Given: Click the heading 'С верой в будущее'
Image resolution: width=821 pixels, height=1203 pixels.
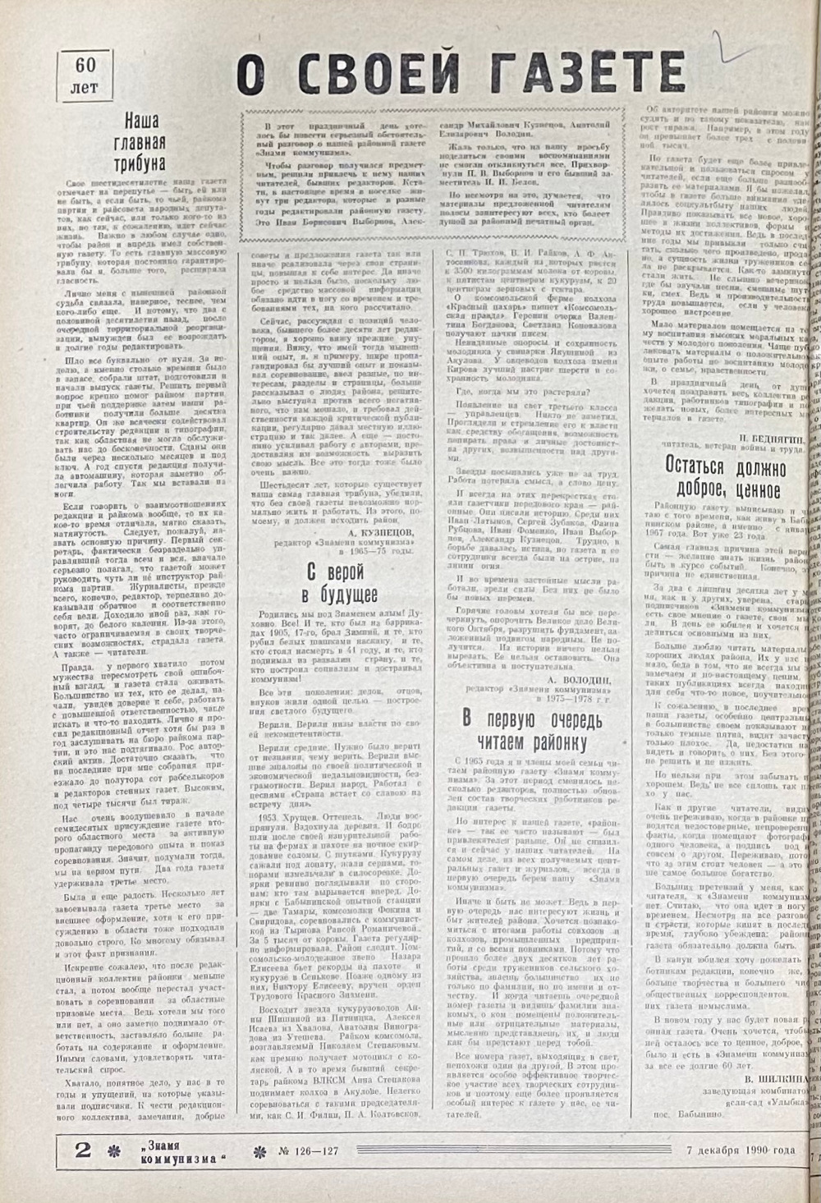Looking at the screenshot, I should (336, 582).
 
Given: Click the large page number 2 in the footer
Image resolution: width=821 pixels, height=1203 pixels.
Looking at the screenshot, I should (83, 1150).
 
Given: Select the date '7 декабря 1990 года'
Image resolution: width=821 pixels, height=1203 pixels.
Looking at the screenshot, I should (740, 1150).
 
